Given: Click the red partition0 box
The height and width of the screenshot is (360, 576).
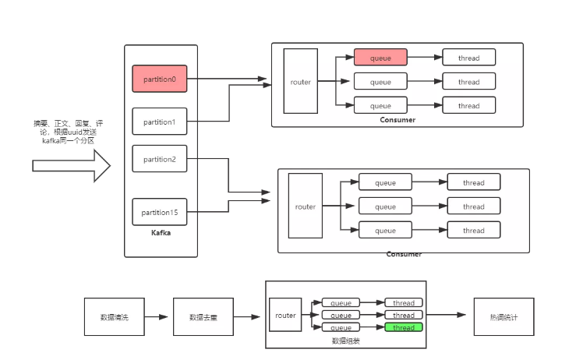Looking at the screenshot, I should click(x=160, y=79).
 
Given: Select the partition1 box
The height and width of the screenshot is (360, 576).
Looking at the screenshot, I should click(x=160, y=122).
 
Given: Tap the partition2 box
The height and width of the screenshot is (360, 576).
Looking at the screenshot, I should click(x=160, y=159).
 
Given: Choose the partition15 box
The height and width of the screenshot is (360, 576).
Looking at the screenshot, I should click(x=160, y=212).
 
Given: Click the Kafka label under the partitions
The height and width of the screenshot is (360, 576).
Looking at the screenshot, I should click(x=161, y=232).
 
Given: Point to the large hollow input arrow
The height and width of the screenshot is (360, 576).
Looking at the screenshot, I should click(x=71, y=165).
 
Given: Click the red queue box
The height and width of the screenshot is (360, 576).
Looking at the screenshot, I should click(x=380, y=58).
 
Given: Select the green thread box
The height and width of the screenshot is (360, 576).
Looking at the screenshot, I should click(x=404, y=328).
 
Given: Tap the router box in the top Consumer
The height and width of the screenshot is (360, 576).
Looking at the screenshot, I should click(x=300, y=82).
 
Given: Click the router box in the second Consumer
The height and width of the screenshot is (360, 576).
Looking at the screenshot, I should click(x=305, y=206).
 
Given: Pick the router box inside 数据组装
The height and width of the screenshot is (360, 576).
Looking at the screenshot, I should click(x=285, y=316).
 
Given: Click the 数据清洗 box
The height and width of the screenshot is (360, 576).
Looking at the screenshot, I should click(x=114, y=317).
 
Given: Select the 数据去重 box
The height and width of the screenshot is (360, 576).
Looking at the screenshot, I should click(x=203, y=317).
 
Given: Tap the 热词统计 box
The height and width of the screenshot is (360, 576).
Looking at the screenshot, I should click(x=504, y=317).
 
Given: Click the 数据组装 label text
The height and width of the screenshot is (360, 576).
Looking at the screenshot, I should click(x=346, y=341).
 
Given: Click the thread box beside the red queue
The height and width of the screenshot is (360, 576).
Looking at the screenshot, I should click(x=469, y=58).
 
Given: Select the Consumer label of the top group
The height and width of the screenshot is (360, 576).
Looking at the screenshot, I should click(x=398, y=119).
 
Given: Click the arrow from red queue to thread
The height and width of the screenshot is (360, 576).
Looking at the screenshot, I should click(x=425, y=58).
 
